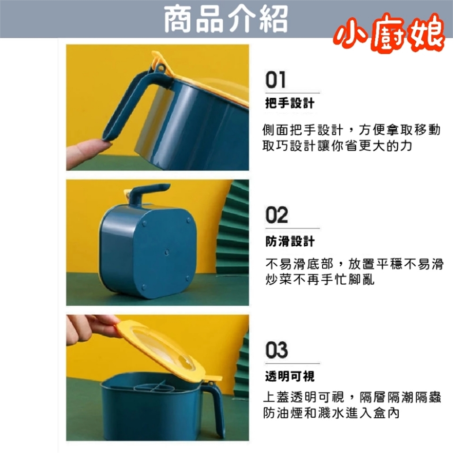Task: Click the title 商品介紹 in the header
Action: coord(226,19)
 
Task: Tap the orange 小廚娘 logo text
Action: coord(389,33)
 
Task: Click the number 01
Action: coord(276,80)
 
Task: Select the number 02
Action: coord(277,215)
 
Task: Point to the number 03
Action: coord(277,350)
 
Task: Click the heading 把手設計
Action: coord(290,103)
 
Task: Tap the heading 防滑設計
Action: coord(290,241)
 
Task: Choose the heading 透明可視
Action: coord(290,376)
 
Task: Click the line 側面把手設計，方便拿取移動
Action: coord(351,130)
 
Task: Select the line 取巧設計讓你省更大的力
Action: coord(337,146)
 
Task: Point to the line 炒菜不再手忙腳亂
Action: coord(320,279)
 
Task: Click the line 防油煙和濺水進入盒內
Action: coord(331,413)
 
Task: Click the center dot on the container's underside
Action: coord(167,252)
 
